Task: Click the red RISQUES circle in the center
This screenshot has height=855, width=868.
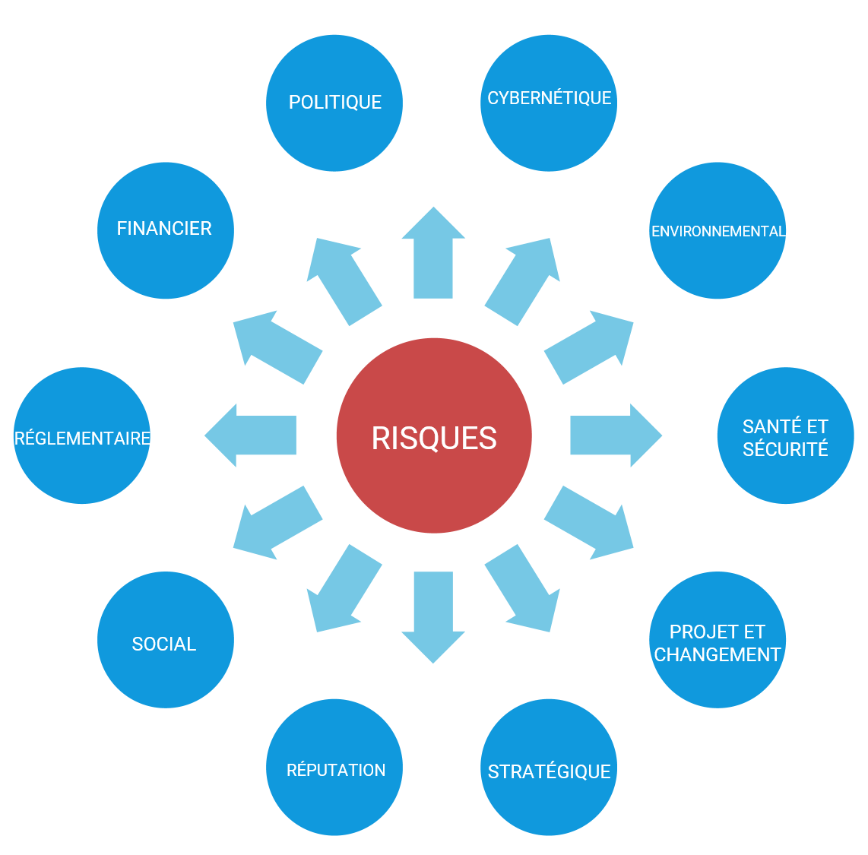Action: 434,435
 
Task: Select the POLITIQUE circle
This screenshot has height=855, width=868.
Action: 334,103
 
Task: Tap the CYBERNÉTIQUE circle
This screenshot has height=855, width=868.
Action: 549,103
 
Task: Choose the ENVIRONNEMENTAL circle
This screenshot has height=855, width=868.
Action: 718,230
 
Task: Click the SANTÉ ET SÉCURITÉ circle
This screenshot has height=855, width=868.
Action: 785,435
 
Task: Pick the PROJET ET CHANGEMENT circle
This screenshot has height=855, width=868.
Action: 718,640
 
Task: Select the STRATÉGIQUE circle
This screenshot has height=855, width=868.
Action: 549,768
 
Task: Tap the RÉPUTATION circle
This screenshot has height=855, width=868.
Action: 334,768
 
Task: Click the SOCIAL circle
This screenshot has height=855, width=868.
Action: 165,640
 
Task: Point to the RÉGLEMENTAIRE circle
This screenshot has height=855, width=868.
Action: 82,435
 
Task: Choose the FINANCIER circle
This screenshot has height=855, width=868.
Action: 165,230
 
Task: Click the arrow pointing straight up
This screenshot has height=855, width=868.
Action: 433,255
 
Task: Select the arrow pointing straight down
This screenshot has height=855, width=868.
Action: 433,616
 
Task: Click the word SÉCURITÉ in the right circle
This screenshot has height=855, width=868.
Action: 785,449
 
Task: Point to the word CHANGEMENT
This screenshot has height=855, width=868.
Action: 718,654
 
